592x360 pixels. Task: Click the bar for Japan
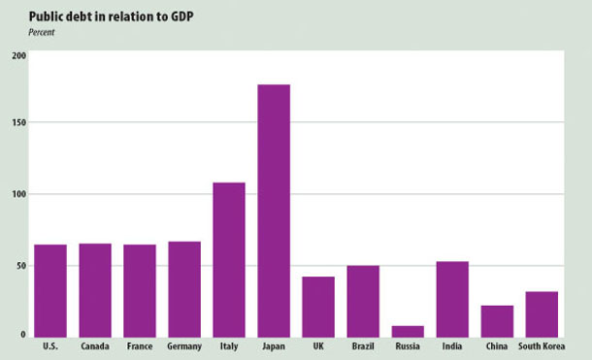274,211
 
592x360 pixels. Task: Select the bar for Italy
229,259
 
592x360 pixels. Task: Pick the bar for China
497,320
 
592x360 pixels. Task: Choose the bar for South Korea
542,313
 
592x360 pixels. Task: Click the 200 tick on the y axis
19,54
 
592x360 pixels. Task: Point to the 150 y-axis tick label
19,123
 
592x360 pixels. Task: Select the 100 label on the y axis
19,194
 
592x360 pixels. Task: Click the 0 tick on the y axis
23,335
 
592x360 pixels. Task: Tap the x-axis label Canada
95,346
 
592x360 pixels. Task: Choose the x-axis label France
140,346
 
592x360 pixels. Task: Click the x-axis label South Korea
542,346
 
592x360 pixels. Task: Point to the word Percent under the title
43,32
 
